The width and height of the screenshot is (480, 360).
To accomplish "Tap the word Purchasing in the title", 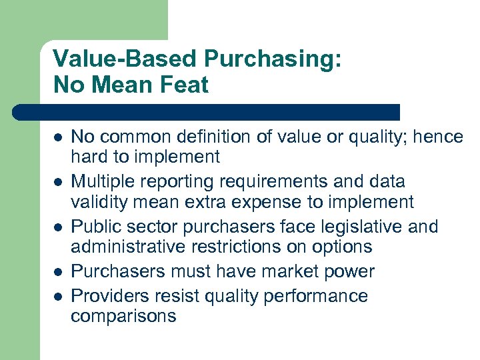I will (x=273, y=59).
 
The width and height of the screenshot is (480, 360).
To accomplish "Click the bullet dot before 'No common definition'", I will (x=58, y=137).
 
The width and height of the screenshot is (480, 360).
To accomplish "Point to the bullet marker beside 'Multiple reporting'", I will (x=58, y=181).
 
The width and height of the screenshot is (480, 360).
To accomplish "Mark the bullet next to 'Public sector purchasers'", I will (x=58, y=227).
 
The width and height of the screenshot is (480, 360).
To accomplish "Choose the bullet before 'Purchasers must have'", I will (x=58, y=271).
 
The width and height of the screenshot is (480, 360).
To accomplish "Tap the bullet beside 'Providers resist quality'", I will (x=58, y=295).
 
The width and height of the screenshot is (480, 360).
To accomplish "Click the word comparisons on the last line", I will (x=123, y=315).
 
